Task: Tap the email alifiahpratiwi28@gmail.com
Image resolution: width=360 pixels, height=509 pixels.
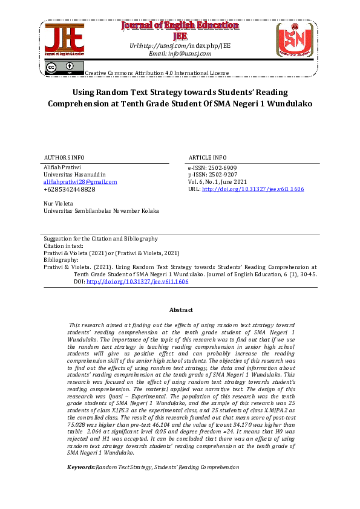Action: [80, 181]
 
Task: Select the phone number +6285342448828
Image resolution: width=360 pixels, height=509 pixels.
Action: [70, 189]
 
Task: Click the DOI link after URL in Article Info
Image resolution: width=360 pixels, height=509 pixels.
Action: [252, 189]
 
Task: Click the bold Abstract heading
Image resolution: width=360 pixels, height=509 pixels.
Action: [180, 310]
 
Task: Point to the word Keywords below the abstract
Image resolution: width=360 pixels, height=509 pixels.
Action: [80, 467]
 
